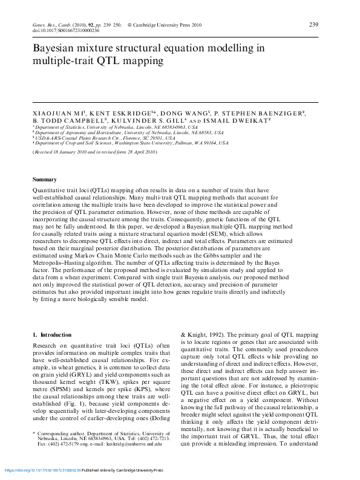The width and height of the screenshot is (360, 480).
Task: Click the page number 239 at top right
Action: pos(313,24)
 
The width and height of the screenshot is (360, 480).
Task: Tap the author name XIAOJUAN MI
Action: pos(57,113)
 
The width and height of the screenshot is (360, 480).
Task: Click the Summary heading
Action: pos(44,180)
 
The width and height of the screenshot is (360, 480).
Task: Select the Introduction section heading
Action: pos(54,334)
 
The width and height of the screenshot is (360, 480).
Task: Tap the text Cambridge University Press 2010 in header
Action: pos(171,24)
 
